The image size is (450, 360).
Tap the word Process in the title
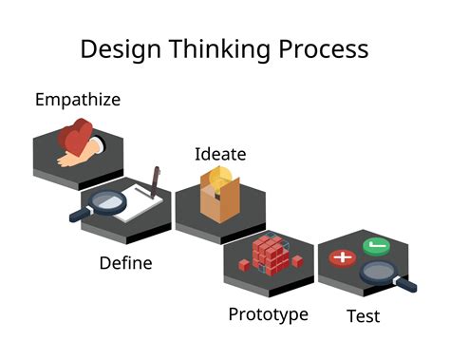pos(323,48)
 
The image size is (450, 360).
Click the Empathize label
pos(78,99)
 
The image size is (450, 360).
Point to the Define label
pos(125,262)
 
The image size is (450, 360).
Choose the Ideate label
pos(220,154)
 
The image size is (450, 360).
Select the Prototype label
pos(268,314)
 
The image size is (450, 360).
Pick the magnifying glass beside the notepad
pos(95,204)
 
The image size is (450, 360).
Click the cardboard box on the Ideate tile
pos(220,201)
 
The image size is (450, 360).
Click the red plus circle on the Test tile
pos(341,257)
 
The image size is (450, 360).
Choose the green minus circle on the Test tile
pos(377,246)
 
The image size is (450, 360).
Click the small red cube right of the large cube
pos(297,260)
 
